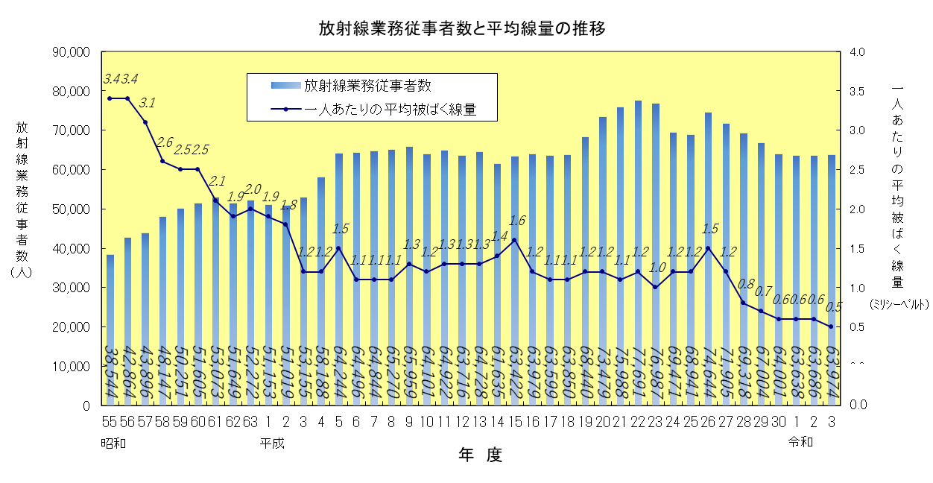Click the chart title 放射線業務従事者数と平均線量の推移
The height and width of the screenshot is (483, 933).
461,29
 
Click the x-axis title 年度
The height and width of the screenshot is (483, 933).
480,455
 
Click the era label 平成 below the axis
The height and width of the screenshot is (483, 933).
272,443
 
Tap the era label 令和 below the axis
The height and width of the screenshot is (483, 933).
801,442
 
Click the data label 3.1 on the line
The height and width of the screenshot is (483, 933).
147,103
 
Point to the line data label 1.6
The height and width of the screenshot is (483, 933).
516,220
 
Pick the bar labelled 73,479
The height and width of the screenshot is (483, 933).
603,261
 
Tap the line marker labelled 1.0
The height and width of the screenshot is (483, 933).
655,287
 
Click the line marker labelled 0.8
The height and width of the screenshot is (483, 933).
743,303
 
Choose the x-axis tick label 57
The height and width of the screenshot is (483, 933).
145,421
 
